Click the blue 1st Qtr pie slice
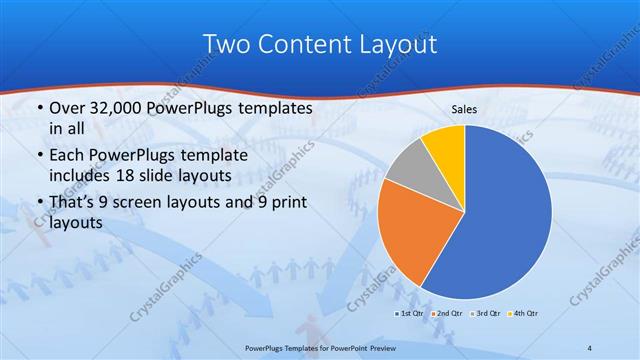coord(505,215)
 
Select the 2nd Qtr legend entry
coord(447,313)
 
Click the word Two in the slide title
coord(225,44)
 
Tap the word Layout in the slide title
coord(397,44)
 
